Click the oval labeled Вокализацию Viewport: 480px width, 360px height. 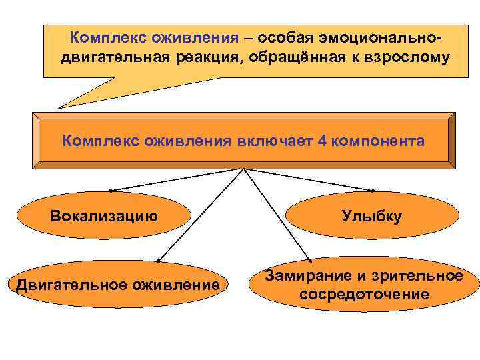[x=104, y=215]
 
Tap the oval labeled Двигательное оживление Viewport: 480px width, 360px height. [x=119, y=285]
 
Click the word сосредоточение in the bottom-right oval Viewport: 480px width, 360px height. [x=364, y=294]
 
